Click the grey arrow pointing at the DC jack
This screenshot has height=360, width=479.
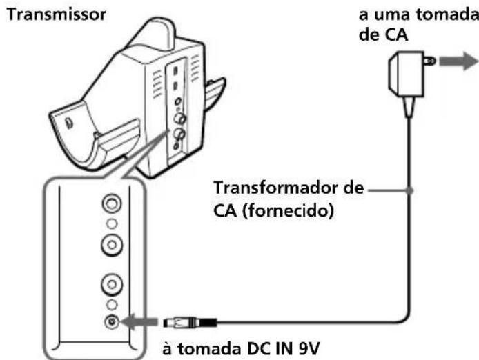(x=142, y=321)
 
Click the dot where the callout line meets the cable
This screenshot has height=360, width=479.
(x=411, y=190)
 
